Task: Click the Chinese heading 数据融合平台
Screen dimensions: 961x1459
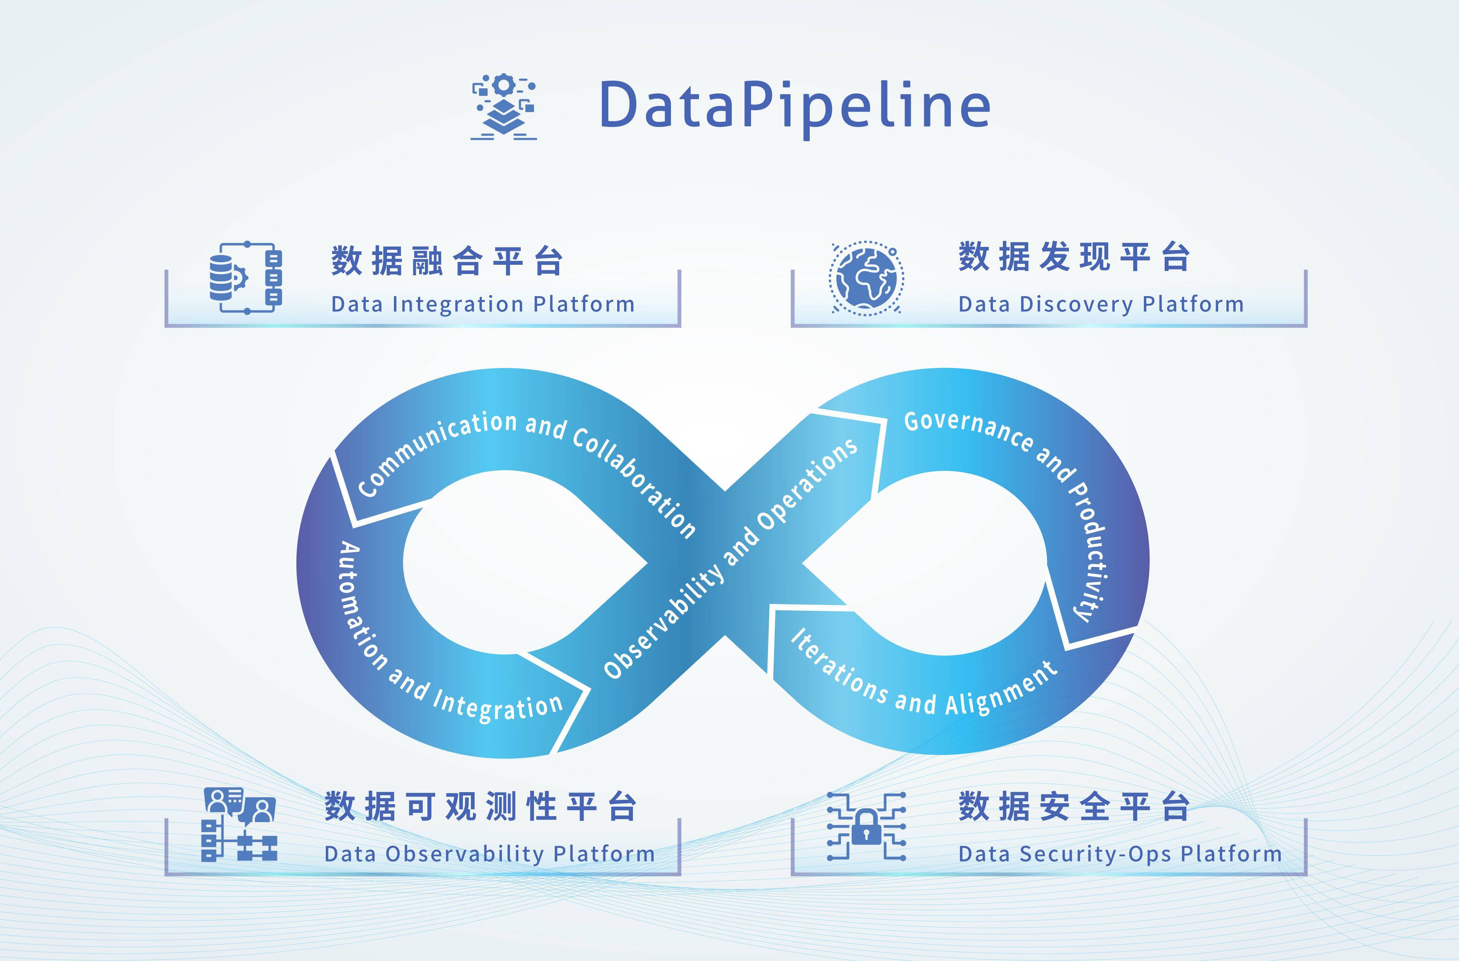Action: (447, 261)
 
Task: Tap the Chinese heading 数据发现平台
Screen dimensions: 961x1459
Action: (1074, 257)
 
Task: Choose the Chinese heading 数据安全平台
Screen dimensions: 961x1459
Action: (1074, 807)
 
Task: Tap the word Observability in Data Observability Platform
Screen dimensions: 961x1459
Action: (465, 854)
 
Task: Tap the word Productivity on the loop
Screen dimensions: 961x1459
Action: (1091, 551)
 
